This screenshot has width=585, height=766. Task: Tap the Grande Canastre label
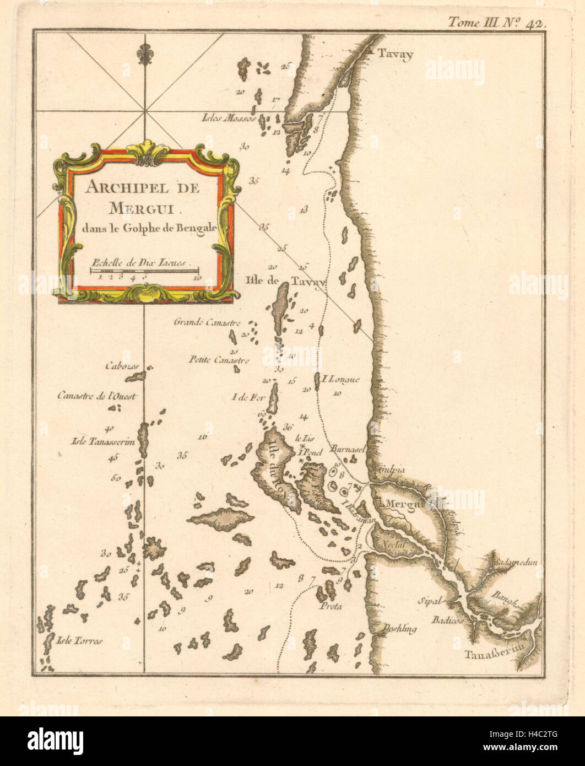point(206,322)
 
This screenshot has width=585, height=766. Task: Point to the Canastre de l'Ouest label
point(96,395)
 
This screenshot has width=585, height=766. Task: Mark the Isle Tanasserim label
point(104,441)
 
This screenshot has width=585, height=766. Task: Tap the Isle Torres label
point(80,641)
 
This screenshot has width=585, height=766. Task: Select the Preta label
point(330,606)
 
